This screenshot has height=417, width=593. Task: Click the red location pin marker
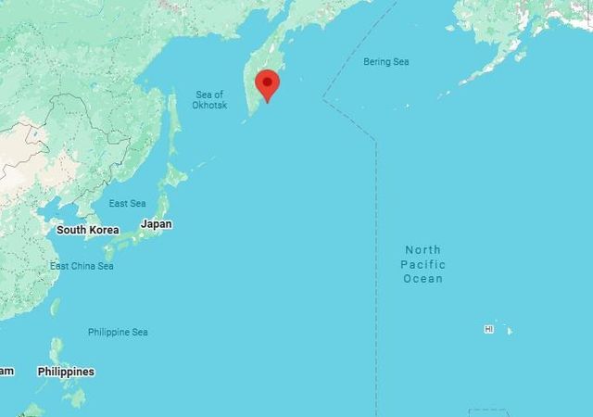pyautogui.click(x=268, y=84)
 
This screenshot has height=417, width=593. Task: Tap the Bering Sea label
pyautogui.click(x=385, y=62)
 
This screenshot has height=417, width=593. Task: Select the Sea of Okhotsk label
pyautogui.click(x=209, y=100)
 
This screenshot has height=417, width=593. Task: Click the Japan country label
pyautogui.click(x=156, y=224)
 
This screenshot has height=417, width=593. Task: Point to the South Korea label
pyautogui.click(x=87, y=230)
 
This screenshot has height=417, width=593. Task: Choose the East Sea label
pyautogui.click(x=127, y=204)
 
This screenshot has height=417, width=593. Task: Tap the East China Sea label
pyautogui.click(x=82, y=267)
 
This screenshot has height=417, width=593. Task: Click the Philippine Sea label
pyautogui.click(x=118, y=332)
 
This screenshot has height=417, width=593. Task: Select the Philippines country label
pyautogui.click(x=66, y=372)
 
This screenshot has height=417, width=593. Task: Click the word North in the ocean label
pyautogui.click(x=423, y=250)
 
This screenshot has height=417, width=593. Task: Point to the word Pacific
pyautogui.click(x=423, y=264)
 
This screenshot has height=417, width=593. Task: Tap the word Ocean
pyautogui.click(x=423, y=278)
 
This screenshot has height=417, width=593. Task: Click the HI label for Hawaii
pyautogui.click(x=488, y=329)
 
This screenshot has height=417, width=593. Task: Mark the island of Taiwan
pyautogui.click(x=55, y=307)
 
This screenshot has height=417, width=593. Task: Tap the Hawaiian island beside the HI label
pyautogui.click(x=508, y=331)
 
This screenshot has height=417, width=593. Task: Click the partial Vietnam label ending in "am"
pyautogui.click(x=6, y=371)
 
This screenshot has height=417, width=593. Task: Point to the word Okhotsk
pyautogui.click(x=209, y=106)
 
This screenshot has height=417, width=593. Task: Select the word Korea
pyautogui.click(x=103, y=230)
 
